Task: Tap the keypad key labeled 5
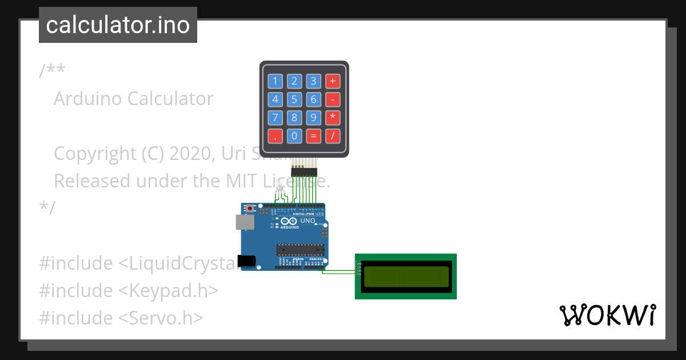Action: [294, 99]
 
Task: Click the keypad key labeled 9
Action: [313, 118]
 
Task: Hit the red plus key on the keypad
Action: [333, 81]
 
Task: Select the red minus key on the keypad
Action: [333, 99]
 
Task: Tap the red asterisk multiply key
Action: [333, 118]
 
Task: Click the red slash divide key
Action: [333, 136]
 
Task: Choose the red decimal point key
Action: [276, 136]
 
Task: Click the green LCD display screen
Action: [405, 275]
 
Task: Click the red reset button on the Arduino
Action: [250, 209]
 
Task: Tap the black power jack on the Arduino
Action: [246, 261]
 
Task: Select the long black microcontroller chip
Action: [301, 250]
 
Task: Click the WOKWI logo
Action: [607, 315]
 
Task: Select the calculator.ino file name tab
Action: [118, 25]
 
